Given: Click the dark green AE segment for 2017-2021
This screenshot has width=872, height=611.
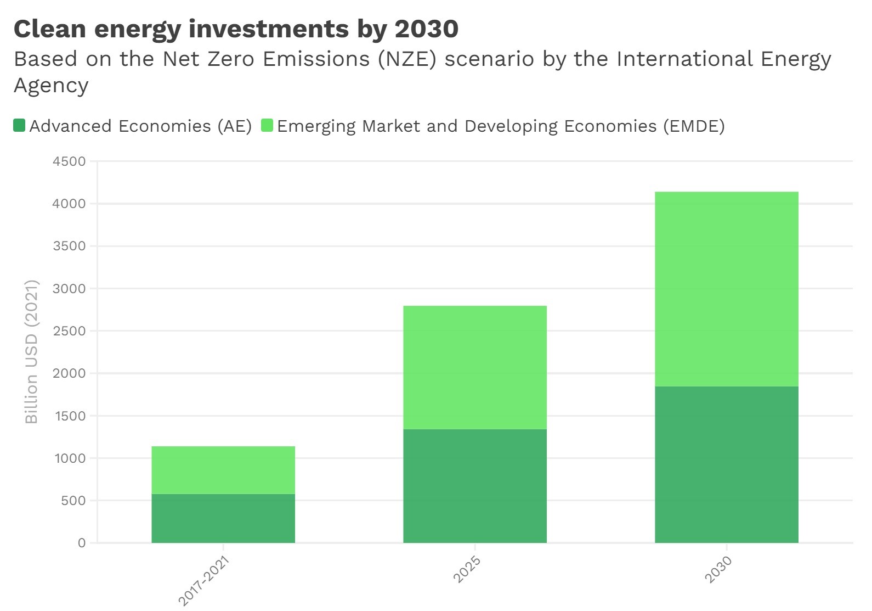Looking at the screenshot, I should [223, 518].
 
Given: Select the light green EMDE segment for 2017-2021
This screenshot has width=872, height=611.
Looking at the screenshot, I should [223, 470].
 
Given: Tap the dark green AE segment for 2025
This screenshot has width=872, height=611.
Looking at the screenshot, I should [475, 486].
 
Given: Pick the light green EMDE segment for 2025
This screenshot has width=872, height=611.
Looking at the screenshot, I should [475, 367].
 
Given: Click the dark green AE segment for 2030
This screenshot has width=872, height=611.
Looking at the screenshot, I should [727, 464].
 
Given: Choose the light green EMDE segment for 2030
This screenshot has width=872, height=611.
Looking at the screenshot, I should [727, 289].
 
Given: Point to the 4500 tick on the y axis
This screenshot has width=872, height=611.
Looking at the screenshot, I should [70, 161].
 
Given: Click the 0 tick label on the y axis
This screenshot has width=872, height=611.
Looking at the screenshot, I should [82, 543].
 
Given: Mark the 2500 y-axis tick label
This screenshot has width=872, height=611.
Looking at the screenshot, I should [70, 331].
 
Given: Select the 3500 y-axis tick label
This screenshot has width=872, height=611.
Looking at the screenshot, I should [70, 246].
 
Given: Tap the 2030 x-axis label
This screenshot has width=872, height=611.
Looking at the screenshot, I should [718, 569].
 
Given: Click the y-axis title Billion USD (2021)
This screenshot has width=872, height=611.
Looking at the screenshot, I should [32, 351].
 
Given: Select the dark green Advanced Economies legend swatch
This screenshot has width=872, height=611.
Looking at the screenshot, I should [19, 125].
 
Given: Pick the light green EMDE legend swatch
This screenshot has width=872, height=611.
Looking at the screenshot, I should [267, 125].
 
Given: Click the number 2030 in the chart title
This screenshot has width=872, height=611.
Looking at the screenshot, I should [426, 29].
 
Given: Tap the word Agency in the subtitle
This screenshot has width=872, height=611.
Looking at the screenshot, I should [51, 86].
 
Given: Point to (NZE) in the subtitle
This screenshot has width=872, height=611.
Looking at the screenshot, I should [406, 59].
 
